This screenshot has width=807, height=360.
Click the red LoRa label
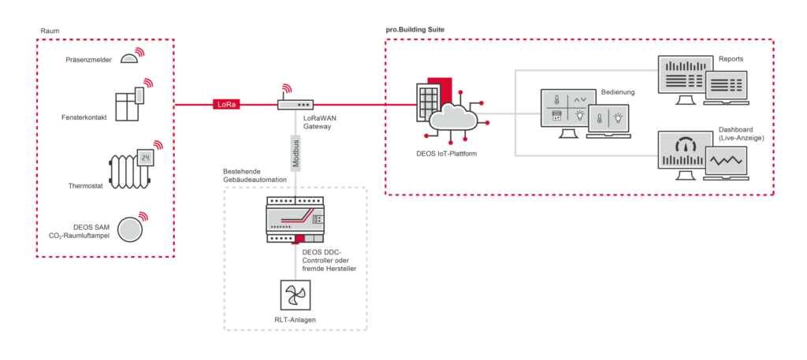226,104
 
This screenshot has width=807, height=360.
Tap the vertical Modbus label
296,153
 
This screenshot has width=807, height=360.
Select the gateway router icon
296,105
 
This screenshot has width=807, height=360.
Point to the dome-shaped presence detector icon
129,58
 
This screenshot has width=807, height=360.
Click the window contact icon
128,106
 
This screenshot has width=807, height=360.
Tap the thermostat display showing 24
145,158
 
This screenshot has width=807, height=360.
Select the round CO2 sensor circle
130,229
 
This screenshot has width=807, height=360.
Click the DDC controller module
295,218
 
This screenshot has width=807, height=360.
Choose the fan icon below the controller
296,295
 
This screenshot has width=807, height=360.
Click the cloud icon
453,118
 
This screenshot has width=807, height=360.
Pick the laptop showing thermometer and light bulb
608,121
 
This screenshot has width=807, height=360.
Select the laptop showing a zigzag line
726,162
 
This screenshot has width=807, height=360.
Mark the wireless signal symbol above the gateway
287,88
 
